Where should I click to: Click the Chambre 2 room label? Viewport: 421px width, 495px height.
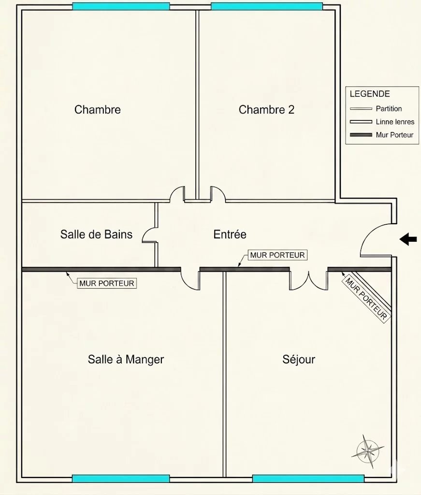point(266,110)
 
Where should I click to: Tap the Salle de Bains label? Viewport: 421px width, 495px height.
point(96,234)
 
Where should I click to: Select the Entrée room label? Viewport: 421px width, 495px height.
point(230,234)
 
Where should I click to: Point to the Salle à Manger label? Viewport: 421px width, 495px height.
point(126,359)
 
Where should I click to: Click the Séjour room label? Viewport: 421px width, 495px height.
point(299,359)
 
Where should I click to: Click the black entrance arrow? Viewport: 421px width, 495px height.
point(408,239)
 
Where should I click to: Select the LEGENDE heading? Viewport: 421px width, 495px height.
point(370,94)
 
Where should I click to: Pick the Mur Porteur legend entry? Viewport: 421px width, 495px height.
point(381,135)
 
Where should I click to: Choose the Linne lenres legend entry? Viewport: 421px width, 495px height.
point(382,121)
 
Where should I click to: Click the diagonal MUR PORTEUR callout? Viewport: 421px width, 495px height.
point(366,299)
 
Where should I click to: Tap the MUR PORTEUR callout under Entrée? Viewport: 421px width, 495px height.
point(277,255)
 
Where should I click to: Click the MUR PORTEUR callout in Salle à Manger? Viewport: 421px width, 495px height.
point(107,283)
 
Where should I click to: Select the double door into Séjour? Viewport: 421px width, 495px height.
point(309,280)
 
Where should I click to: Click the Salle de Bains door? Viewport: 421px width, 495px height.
point(149,235)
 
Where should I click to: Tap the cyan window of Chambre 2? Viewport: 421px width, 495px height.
point(267,6)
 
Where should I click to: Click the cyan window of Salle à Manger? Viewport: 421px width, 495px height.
point(121,479)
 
